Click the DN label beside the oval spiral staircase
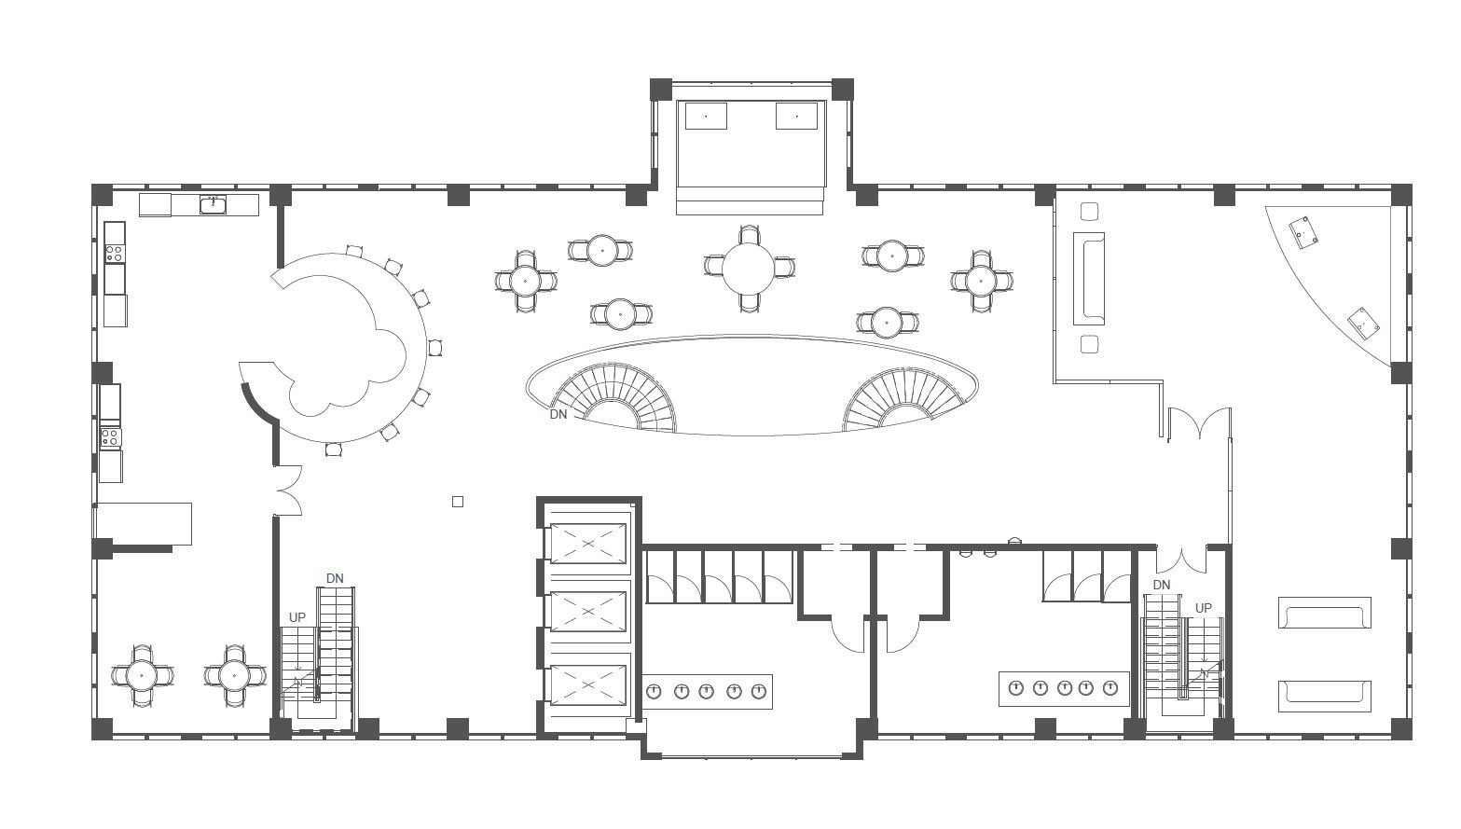[558, 414]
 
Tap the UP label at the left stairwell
[297, 617]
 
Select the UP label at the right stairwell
[1204, 608]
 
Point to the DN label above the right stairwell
[1162, 585]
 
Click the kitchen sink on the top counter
[213, 205]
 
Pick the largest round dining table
[748, 268]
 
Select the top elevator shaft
[588, 543]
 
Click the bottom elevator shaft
[588, 684]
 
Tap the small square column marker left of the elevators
[458, 502]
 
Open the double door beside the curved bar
[288, 490]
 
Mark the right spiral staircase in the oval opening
[903, 399]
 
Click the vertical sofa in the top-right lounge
[1089, 279]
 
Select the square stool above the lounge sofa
[1089, 212]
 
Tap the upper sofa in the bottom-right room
[1324, 613]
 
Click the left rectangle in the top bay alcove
[706, 116]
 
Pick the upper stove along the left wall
[114, 253]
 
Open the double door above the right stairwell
[1181, 560]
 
